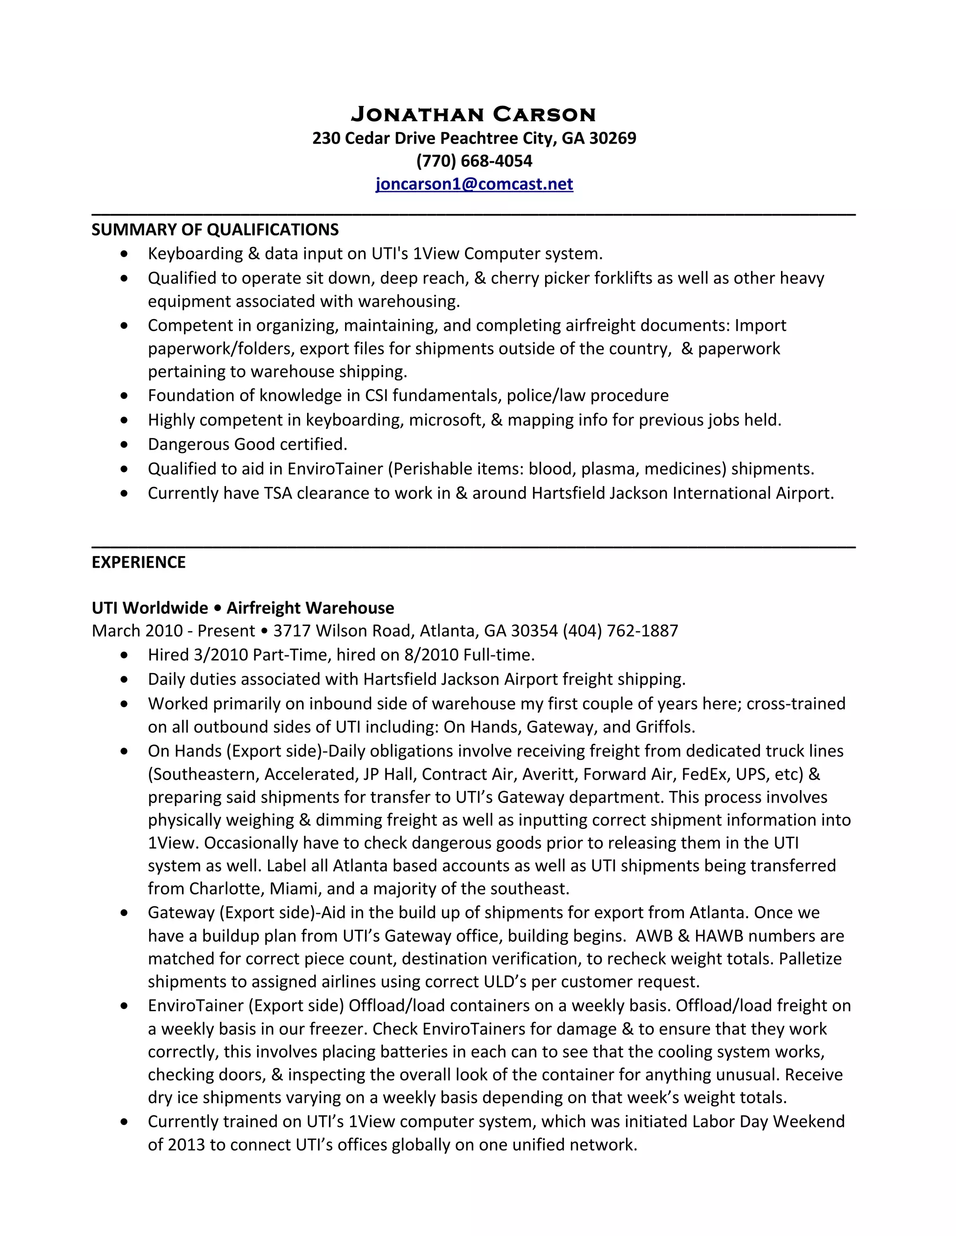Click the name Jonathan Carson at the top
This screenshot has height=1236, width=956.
[473, 114]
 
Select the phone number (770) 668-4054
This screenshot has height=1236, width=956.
[474, 161]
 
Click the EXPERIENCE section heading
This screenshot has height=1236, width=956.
[139, 562]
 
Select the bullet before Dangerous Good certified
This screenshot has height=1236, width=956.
[125, 445]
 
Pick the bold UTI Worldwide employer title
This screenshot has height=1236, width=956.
[149, 608]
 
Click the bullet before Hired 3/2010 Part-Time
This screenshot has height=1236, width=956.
[125, 655]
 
